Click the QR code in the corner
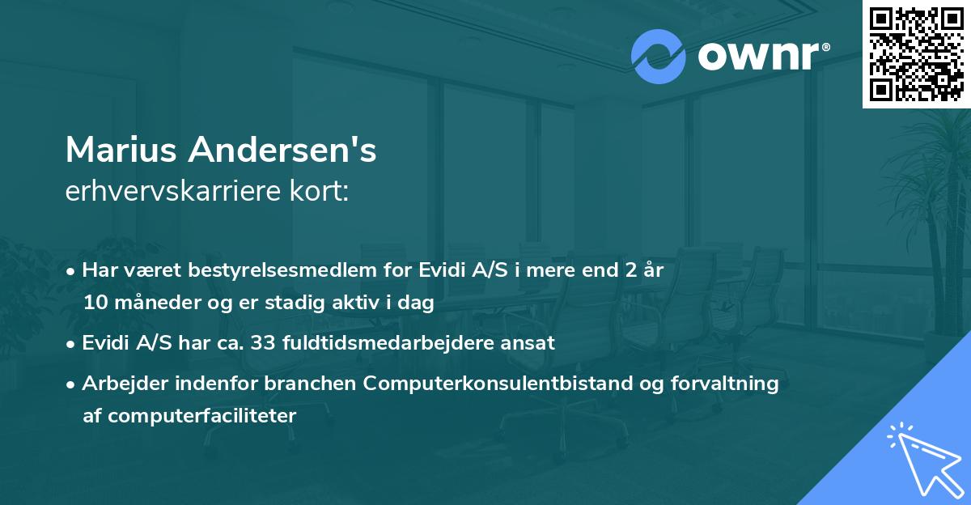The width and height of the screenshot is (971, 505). coord(916,53)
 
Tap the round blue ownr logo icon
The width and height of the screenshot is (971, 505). coord(659,56)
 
